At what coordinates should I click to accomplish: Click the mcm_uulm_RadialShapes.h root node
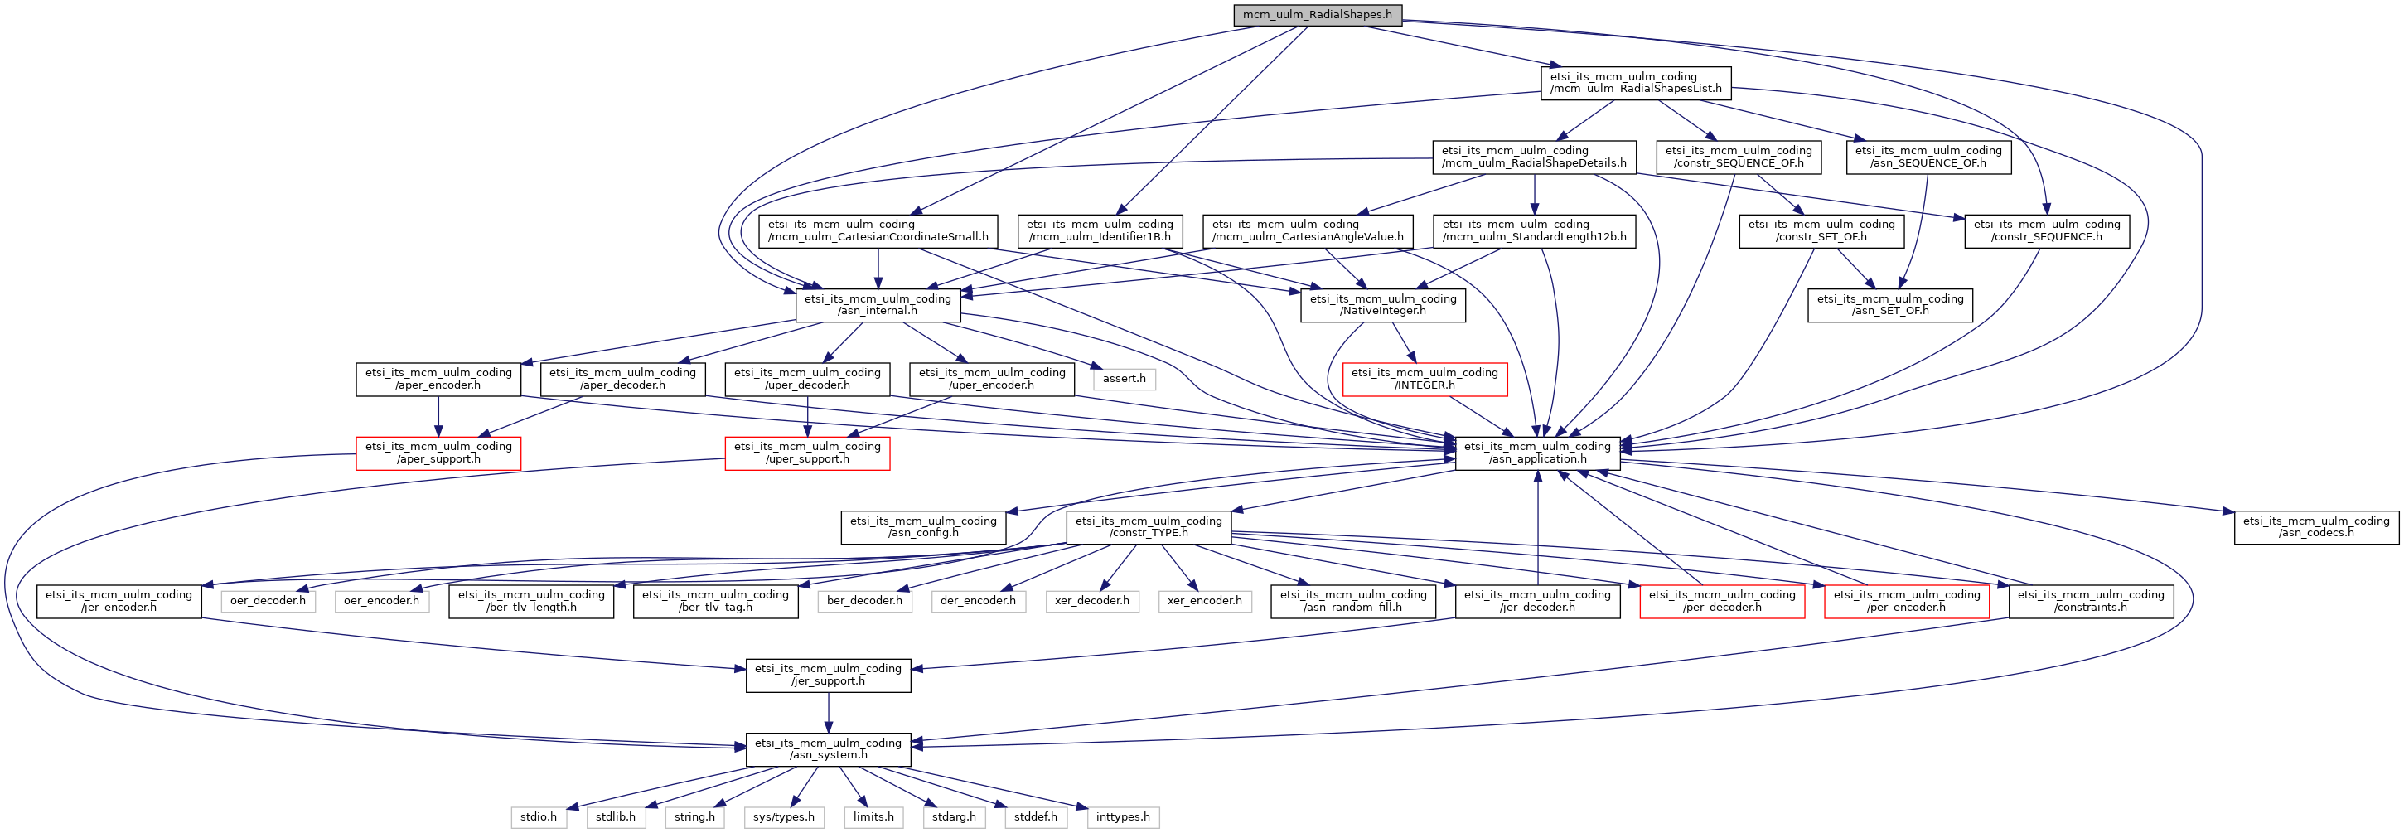point(1317,15)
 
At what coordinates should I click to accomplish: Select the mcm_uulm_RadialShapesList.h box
point(1635,83)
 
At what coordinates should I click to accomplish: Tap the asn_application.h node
point(1537,453)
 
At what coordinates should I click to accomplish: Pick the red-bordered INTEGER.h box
point(1425,379)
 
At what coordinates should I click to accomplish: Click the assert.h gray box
point(1124,379)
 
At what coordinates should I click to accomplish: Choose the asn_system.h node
point(828,749)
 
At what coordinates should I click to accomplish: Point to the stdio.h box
point(539,817)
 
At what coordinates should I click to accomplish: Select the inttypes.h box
point(1123,817)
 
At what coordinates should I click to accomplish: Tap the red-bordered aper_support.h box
point(438,453)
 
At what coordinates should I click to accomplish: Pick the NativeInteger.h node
point(1382,305)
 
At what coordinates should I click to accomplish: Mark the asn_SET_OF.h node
point(1889,305)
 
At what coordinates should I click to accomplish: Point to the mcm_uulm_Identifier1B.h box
point(1100,230)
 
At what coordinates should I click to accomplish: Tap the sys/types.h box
point(783,817)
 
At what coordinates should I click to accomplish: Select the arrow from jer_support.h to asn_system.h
point(828,713)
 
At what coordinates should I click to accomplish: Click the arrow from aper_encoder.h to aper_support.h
point(438,416)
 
